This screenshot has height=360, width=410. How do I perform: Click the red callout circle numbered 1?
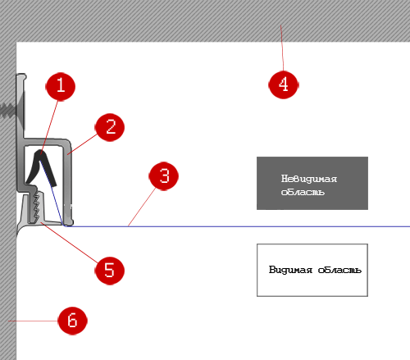tap(61, 86)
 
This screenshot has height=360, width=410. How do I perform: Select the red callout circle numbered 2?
tap(110, 127)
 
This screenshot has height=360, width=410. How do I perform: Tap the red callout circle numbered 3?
tap(164, 175)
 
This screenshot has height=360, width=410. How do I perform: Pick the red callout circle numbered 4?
tap(284, 84)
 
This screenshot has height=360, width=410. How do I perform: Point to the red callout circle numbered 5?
tap(110, 271)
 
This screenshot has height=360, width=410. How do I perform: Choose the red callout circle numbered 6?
tap(73, 321)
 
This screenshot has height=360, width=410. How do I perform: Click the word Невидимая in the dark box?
tap(309, 179)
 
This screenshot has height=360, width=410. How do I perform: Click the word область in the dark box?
tap(303, 192)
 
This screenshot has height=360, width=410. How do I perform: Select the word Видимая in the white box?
tap(290, 270)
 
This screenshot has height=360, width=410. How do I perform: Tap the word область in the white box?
tap(339, 270)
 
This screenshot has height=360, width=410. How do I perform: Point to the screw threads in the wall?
tap(7, 111)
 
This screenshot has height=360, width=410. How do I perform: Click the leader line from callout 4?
tap(282, 48)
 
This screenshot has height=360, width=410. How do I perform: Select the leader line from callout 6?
tap(33, 321)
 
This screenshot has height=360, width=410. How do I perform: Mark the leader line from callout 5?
tap(70, 243)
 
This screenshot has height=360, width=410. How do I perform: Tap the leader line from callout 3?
tap(142, 207)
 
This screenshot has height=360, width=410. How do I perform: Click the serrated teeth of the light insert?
tap(36, 207)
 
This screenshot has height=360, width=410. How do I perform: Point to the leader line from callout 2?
tap(82, 144)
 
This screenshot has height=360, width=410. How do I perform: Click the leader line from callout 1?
tap(49, 127)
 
